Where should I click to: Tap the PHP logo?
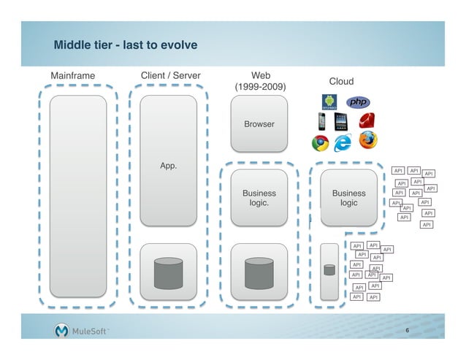[x=359, y=102]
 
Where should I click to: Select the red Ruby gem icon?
[x=367, y=120]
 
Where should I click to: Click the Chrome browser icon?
[x=319, y=143]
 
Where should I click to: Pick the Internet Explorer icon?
[x=342, y=143]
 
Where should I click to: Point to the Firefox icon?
[x=367, y=139]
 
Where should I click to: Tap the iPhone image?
[x=321, y=120]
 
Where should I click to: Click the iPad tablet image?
[x=341, y=120]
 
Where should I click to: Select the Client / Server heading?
[x=170, y=75]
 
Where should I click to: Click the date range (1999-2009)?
[x=259, y=88]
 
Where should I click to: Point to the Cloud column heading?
[x=341, y=82]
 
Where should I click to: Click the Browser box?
[x=259, y=124]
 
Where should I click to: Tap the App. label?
[x=169, y=166]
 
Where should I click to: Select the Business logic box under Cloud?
[x=348, y=198]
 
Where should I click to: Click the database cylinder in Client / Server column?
[x=169, y=272]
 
